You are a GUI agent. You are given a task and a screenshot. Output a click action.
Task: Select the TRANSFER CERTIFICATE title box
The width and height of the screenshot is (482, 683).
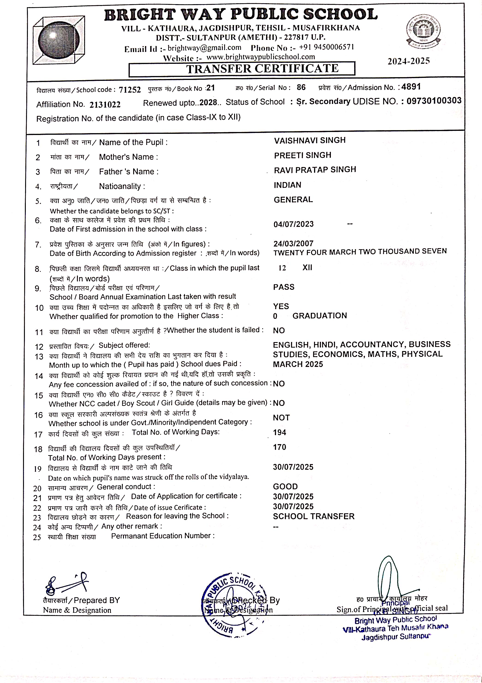(x=242, y=69)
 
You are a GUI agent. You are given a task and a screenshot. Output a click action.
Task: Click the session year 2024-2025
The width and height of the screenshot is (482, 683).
(x=409, y=61)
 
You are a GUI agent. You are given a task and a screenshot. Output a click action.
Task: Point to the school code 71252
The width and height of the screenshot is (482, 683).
(x=130, y=90)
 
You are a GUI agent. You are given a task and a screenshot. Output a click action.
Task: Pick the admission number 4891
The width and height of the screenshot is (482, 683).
(x=411, y=87)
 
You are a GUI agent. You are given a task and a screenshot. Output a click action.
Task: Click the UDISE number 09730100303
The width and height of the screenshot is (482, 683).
(x=434, y=101)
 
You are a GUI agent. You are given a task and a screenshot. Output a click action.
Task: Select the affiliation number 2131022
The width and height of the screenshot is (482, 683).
(x=105, y=104)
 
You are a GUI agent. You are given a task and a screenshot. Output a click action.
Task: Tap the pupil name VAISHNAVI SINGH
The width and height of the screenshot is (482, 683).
(x=310, y=141)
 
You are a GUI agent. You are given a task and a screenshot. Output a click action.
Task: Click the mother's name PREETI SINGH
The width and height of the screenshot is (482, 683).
(x=302, y=155)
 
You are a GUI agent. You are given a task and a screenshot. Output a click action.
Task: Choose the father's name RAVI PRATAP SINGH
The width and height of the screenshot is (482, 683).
(x=315, y=170)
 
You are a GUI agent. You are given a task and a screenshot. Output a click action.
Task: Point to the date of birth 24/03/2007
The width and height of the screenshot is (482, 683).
(x=293, y=244)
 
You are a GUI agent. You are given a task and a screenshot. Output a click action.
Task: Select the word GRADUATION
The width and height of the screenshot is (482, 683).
(x=320, y=316)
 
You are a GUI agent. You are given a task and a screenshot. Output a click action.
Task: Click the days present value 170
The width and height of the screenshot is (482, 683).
(x=279, y=447)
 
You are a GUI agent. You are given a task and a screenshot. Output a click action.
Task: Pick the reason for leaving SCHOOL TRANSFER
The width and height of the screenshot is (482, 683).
(x=314, y=516)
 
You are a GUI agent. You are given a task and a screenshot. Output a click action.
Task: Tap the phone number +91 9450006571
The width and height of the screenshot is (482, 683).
(x=326, y=47)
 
